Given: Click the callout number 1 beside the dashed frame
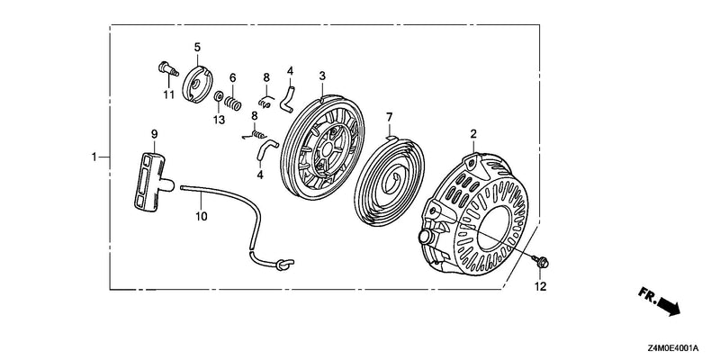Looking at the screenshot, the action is (x=94, y=157).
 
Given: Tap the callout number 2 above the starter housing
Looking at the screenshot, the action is (x=473, y=134).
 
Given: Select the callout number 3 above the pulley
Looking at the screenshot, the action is (x=322, y=76).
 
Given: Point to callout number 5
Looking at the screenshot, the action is (x=197, y=47).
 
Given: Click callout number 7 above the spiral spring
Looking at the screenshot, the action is (x=390, y=117).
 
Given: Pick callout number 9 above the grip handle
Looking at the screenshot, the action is (x=154, y=133).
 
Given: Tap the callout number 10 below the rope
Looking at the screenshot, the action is (x=202, y=216).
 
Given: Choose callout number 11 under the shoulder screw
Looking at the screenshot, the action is (x=169, y=95).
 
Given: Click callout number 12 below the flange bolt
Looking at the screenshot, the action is (x=541, y=286).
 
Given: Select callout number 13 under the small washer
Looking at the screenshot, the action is (x=219, y=120).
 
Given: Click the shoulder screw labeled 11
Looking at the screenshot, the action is (x=168, y=69).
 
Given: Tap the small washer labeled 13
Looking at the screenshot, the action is (x=219, y=96).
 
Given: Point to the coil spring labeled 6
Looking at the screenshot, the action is (x=233, y=103).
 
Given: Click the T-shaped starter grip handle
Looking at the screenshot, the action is (x=151, y=182).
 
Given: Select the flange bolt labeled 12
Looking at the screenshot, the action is (x=541, y=262).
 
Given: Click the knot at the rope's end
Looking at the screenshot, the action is (x=284, y=264).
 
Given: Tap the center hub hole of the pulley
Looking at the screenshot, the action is (x=327, y=148).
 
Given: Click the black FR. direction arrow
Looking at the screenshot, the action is (x=669, y=306).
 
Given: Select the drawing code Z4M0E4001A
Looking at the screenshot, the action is (x=674, y=347).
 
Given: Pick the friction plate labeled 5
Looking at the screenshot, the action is (x=197, y=84).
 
